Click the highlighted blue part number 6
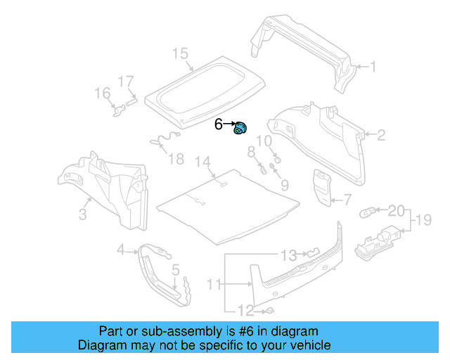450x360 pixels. coord(241,129)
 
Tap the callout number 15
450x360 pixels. coord(180,53)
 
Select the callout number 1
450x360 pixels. coord(373,67)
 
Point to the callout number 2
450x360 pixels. coord(381,135)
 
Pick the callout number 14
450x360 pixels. coord(202,162)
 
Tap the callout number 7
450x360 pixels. coord(347,200)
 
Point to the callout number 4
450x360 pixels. coord(120,249)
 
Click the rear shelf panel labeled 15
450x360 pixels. coord(204,88)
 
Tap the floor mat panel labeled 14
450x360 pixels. coord(225,200)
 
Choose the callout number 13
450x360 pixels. coord(290,254)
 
